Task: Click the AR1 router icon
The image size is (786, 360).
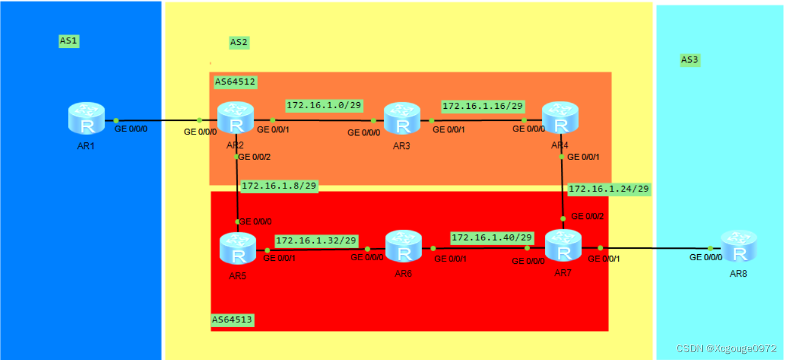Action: click(x=87, y=119)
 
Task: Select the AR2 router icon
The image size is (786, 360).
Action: click(x=235, y=117)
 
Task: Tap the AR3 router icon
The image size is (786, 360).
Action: click(x=402, y=118)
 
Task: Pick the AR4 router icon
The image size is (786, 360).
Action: click(x=559, y=117)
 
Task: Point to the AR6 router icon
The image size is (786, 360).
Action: click(x=403, y=246)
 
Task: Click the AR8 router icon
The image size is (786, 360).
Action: click(x=739, y=246)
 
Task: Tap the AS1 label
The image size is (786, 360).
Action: click(x=69, y=41)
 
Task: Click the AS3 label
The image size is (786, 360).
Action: click(x=690, y=60)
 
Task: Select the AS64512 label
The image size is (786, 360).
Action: click(x=235, y=81)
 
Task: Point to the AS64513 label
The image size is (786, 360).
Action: click(x=232, y=319)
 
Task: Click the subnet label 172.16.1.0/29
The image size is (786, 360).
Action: click(x=324, y=105)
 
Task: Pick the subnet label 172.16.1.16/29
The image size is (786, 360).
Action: click(x=482, y=105)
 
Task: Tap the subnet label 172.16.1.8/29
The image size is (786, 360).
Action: click(x=279, y=185)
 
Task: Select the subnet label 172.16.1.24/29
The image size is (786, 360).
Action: click(x=608, y=189)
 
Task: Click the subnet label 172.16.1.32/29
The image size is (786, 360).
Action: click(x=316, y=240)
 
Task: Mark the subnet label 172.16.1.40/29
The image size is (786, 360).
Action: click(x=492, y=237)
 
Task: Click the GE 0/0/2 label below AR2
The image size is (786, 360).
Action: click(x=254, y=157)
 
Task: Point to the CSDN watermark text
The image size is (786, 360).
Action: click(x=726, y=348)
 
